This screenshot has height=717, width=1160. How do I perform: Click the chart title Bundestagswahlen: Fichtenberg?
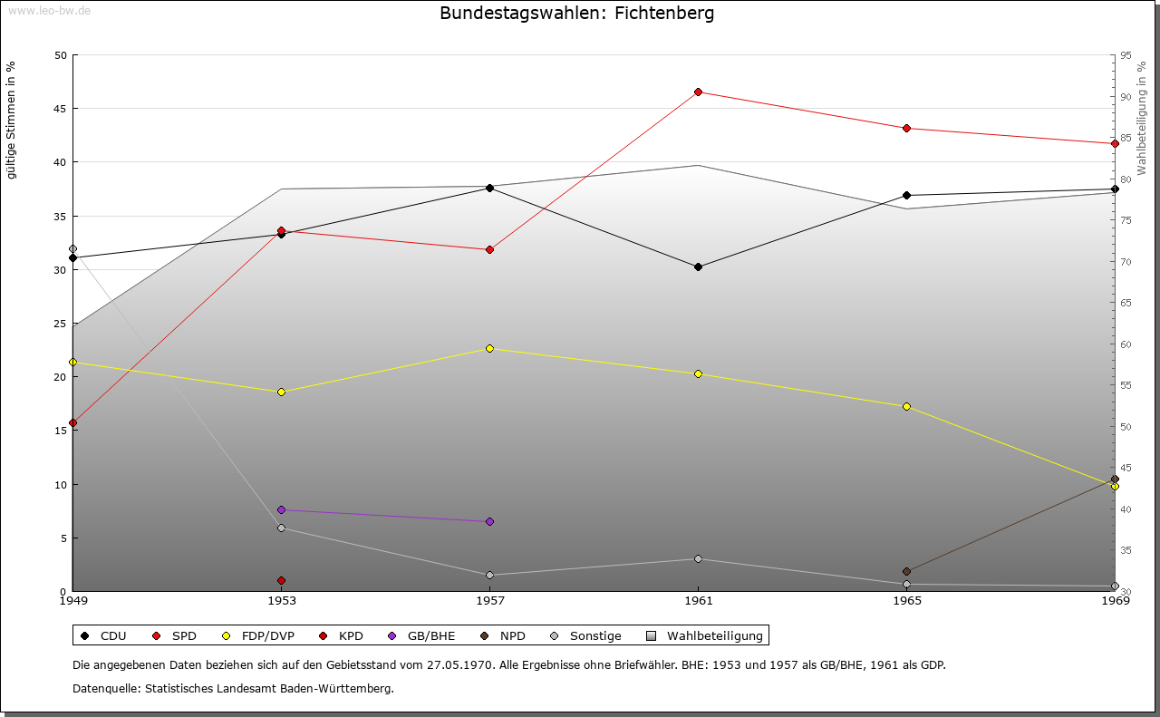576,14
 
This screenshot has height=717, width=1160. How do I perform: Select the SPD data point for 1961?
698,92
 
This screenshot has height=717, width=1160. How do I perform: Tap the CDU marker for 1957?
489,188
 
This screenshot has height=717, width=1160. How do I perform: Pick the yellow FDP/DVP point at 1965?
906,406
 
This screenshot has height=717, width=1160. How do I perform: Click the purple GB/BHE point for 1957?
489,521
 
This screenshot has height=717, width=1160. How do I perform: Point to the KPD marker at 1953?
281,580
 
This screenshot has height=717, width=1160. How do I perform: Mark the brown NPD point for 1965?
906,571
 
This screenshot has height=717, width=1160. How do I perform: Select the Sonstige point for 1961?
698,558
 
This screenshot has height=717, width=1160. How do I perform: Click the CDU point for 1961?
698,266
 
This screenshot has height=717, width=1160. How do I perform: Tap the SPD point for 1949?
72,422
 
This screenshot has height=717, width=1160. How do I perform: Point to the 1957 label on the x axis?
489,600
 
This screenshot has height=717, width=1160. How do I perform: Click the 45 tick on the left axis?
60,109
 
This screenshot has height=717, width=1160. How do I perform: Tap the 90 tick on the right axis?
1125,97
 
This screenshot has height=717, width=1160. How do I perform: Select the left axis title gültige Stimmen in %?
12,121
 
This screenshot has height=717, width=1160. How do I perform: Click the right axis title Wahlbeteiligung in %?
1141,118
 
